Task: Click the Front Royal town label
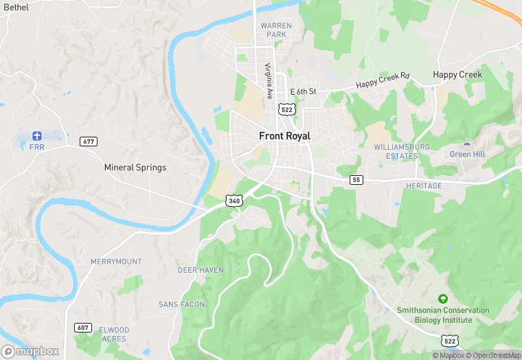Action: coord(284,136)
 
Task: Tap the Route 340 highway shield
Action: coord(234,201)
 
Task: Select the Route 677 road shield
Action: coord(89,142)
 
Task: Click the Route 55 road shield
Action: coord(356,180)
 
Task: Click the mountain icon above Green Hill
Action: coord(467,142)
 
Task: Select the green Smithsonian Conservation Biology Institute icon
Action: coord(443,299)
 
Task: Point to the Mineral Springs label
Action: coord(135,167)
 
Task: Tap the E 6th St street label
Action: coord(303,91)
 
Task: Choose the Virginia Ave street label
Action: coord(269,80)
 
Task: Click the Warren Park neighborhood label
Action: coord(276,30)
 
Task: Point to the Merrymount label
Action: coord(116,262)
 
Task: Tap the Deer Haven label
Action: coord(201,270)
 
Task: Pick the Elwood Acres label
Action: coord(113,334)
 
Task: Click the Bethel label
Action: coord(16,6)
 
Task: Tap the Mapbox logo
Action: coord(30,351)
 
